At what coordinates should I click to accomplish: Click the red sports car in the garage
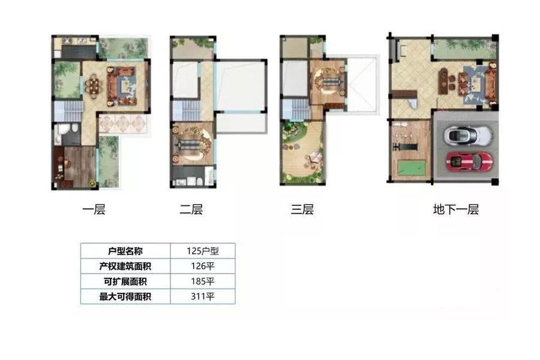point(469,161)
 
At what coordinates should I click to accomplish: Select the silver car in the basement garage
point(469,135)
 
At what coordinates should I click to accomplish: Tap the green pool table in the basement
point(412,168)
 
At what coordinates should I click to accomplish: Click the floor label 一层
point(94,209)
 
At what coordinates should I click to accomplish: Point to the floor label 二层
point(191,209)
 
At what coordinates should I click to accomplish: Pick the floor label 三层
point(302,209)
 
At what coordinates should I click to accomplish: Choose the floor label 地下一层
point(456,209)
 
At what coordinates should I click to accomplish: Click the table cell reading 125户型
point(203,251)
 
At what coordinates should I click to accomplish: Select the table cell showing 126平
point(203,266)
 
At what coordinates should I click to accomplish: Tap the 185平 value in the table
point(203,281)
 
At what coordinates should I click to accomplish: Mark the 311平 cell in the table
point(203,296)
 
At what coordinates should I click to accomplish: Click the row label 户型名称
point(125,251)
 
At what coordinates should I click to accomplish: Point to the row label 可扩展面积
point(125,281)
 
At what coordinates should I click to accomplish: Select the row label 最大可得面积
point(125,296)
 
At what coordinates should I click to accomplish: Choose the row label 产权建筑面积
point(125,266)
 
